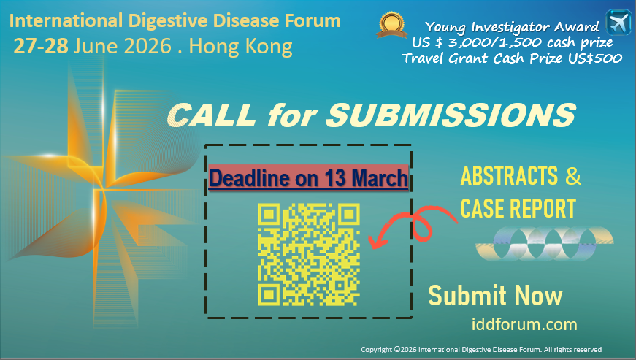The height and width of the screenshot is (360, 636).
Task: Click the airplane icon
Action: point(618,21)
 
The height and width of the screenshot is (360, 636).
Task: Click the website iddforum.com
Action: point(524,324)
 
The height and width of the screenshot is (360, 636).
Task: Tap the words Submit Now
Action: point(495,296)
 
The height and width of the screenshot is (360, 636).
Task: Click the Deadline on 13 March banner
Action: point(308,178)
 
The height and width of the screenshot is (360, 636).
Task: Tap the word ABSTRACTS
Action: point(510,176)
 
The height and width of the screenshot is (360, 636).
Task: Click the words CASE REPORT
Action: point(518,209)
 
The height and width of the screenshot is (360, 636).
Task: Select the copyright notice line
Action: point(480,349)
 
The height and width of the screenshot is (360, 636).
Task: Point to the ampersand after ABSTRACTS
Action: point(573,176)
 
